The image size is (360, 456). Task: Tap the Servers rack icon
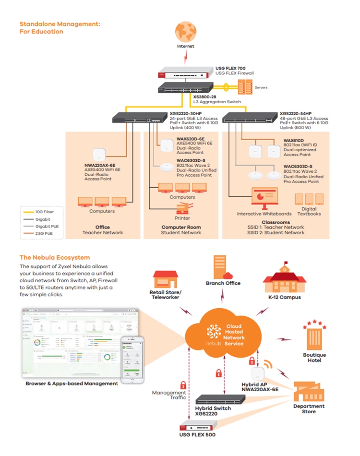pos(246,87)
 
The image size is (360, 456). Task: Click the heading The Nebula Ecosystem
pos(54,258)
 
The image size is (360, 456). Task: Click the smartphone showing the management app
pos(132,360)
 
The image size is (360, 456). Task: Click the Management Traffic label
pos(169,395)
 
